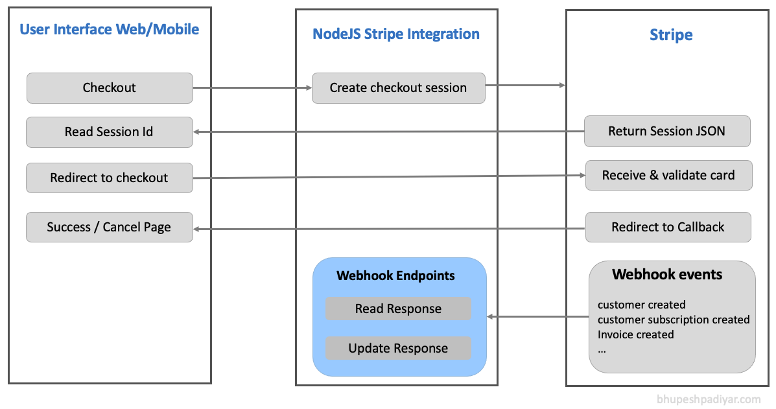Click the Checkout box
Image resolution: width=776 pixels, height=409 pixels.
tap(110, 88)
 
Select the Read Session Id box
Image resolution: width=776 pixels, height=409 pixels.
tap(110, 132)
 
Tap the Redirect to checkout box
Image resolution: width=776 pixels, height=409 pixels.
tap(110, 178)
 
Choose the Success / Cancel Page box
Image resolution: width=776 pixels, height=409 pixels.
tap(110, 227)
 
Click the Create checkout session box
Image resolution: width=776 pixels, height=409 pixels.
tap(399, 88)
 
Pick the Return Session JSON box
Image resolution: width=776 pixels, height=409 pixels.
tap(667, 131)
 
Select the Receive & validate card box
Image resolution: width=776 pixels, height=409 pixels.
tap(668, 175)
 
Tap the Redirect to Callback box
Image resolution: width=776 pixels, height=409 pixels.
tap(668, 227)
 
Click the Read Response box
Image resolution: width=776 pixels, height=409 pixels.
tap(398, 309)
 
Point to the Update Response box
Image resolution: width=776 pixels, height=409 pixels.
tap(398, 348)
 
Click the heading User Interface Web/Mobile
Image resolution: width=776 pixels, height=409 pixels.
tap(110, 30)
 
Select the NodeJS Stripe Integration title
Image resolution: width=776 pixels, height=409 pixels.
tap(396, 34)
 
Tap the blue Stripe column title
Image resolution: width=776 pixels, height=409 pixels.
tap(671, 34)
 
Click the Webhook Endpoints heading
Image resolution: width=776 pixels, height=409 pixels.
tap(395, 275)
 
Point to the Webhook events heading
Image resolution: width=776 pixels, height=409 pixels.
tap(667, 274)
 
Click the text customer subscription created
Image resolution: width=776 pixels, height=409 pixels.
tap(674, 320)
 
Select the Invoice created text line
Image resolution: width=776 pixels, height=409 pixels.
tap(635, 334)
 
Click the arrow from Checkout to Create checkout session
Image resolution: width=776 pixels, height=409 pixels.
tap(252, 88)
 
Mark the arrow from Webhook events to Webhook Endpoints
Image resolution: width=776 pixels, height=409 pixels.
tap(538, 316)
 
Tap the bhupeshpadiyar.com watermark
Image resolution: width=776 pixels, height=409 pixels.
tap(709, 399)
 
